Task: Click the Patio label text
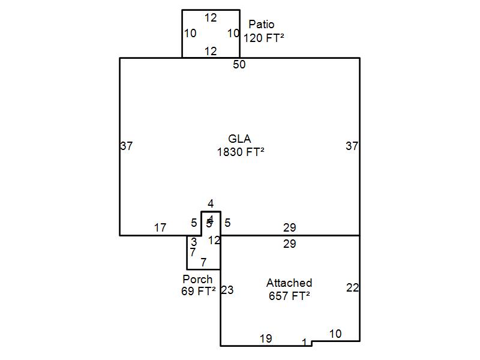click(x=261, y=25)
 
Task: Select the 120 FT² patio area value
click(x=263, y=37)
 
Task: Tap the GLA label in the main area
click(x=239, y=139)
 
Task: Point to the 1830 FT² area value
click(x=240, y=152)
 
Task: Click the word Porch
click(x=197, y=280)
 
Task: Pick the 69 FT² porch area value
click(x=198, y=292)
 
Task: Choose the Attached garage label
click(x=289, y=283)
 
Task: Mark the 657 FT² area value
click(x=289, y=295)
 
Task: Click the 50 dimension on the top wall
click(x=239, y=65)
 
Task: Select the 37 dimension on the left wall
click(x=127, y=146)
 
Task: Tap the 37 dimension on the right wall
click(x=352, y=146)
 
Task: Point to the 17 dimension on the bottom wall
click(x=160, y=228)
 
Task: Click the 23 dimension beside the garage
click(x=227, y=290)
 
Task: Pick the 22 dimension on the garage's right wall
click(x=352, y=288)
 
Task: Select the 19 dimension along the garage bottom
click(x=266, y=339)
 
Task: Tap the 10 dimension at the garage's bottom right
click(x=335, y=334)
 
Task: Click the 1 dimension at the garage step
click(x=305, y=343)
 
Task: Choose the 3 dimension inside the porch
click(x=194, y=242)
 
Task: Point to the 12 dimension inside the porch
click(x=214, y=241)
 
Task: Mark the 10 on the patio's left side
click(x=190, y=34)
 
